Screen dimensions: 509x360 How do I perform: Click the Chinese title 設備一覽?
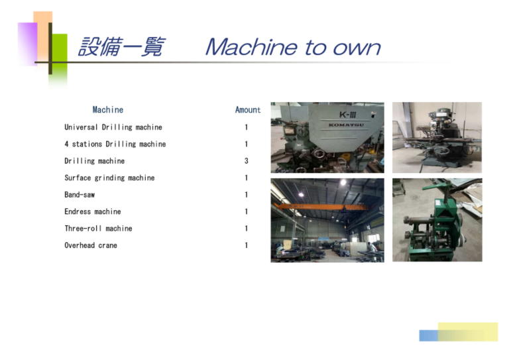[122, 47]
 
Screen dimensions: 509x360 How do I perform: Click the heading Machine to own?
[293, 47]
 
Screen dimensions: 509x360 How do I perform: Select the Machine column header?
[108, 109]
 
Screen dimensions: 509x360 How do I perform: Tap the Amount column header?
[248, 109]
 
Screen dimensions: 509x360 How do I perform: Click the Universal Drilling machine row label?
[113, 127]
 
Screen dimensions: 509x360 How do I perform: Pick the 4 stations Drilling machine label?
[115, 144]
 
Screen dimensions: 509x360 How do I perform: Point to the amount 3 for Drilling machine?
[247, 160]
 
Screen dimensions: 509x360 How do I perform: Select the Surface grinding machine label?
[109, 178]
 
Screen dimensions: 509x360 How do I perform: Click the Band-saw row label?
[80, 194]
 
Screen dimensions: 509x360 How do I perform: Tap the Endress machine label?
[93, 211]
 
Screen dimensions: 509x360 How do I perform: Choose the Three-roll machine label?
[98, 228]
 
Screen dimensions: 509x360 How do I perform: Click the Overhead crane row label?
[91, 245]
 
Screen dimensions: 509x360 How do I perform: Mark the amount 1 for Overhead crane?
[247, 245]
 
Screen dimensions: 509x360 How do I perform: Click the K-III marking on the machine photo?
[348, 115]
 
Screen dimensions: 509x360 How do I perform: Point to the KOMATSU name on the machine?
[346, 125]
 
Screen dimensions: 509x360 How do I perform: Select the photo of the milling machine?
[437, 137]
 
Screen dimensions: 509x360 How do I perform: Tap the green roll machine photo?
[437, 219]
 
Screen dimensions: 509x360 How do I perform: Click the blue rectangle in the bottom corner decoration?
[429, 335]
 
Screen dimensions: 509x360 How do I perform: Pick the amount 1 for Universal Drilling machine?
[247, 127]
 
